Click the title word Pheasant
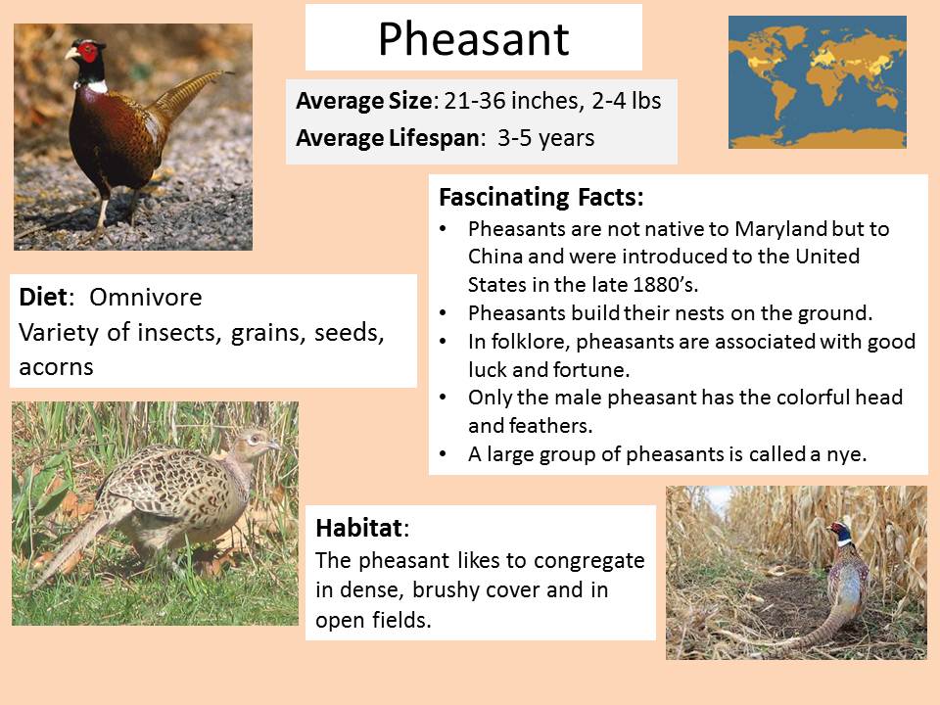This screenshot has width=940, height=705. pos(474,39)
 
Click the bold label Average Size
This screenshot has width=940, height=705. pos(364,101)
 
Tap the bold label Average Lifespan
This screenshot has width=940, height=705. pos(388,138)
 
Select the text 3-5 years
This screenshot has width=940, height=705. pos(545,138)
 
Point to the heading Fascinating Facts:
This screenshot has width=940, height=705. pos(541,197)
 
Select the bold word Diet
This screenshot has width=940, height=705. pos(43,297)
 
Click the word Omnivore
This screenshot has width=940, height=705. pos(146,298)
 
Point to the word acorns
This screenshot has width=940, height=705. pos(57,367)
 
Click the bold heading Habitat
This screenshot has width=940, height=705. pos(359,528)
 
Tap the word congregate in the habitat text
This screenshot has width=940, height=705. pos(588,561)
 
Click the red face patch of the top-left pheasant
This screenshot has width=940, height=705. pos(88,52)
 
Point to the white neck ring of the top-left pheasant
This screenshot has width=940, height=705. pos(96,86)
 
